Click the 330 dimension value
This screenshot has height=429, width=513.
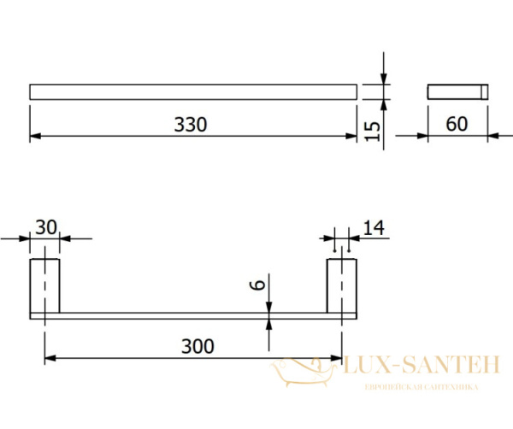pos(191,125)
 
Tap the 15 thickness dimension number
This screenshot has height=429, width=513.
pos(372,132)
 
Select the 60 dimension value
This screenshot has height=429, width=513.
pos(457,124)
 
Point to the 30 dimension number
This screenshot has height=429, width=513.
pos(46,227)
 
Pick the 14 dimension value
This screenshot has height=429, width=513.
pos(374,228)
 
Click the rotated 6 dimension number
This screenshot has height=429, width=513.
pos(257,285)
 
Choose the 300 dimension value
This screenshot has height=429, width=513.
pos(198,346)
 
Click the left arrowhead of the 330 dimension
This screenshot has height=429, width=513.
pos(35,136)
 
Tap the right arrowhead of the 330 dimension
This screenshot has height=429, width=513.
pos(351,136)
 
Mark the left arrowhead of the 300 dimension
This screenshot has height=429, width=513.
pos(50,359)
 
